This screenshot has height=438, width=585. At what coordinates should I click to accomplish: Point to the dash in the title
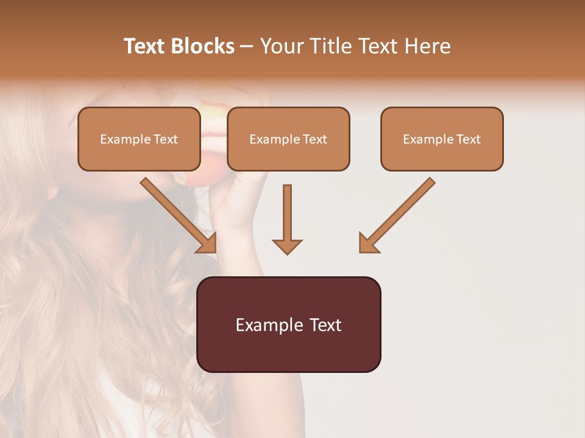click(x=247, y=47)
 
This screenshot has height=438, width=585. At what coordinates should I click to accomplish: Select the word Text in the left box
click(x=166, y=139)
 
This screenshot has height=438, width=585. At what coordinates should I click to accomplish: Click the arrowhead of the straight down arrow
click(x=287, y=246)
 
